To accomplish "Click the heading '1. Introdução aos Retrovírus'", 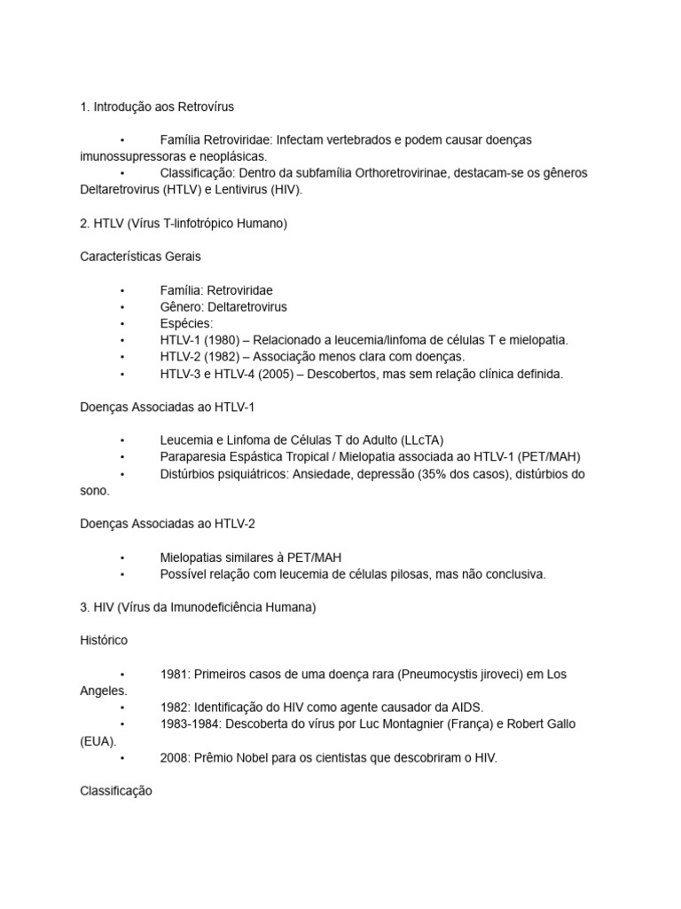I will coord(157,107).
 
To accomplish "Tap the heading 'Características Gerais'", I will coord(140,257).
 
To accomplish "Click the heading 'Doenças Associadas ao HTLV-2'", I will coord(168,524).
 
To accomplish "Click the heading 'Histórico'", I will coord(104,640).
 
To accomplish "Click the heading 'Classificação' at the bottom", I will coord(116,790).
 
